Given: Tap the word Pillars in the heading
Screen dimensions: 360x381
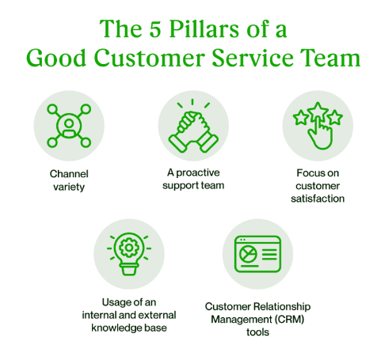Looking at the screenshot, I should [x=206, y=29].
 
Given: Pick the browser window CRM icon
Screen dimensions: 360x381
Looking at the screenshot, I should [x=257, y=254].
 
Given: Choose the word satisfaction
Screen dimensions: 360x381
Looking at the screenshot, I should [x=316, y=199].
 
